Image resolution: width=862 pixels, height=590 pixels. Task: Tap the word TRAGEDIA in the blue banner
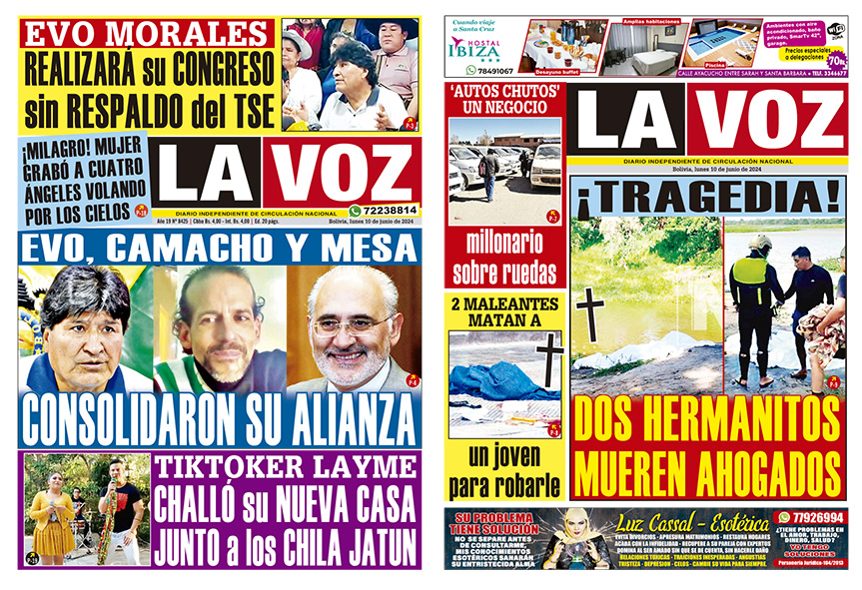pos(708,199)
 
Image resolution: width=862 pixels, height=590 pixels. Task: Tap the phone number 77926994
pos(817,517)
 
